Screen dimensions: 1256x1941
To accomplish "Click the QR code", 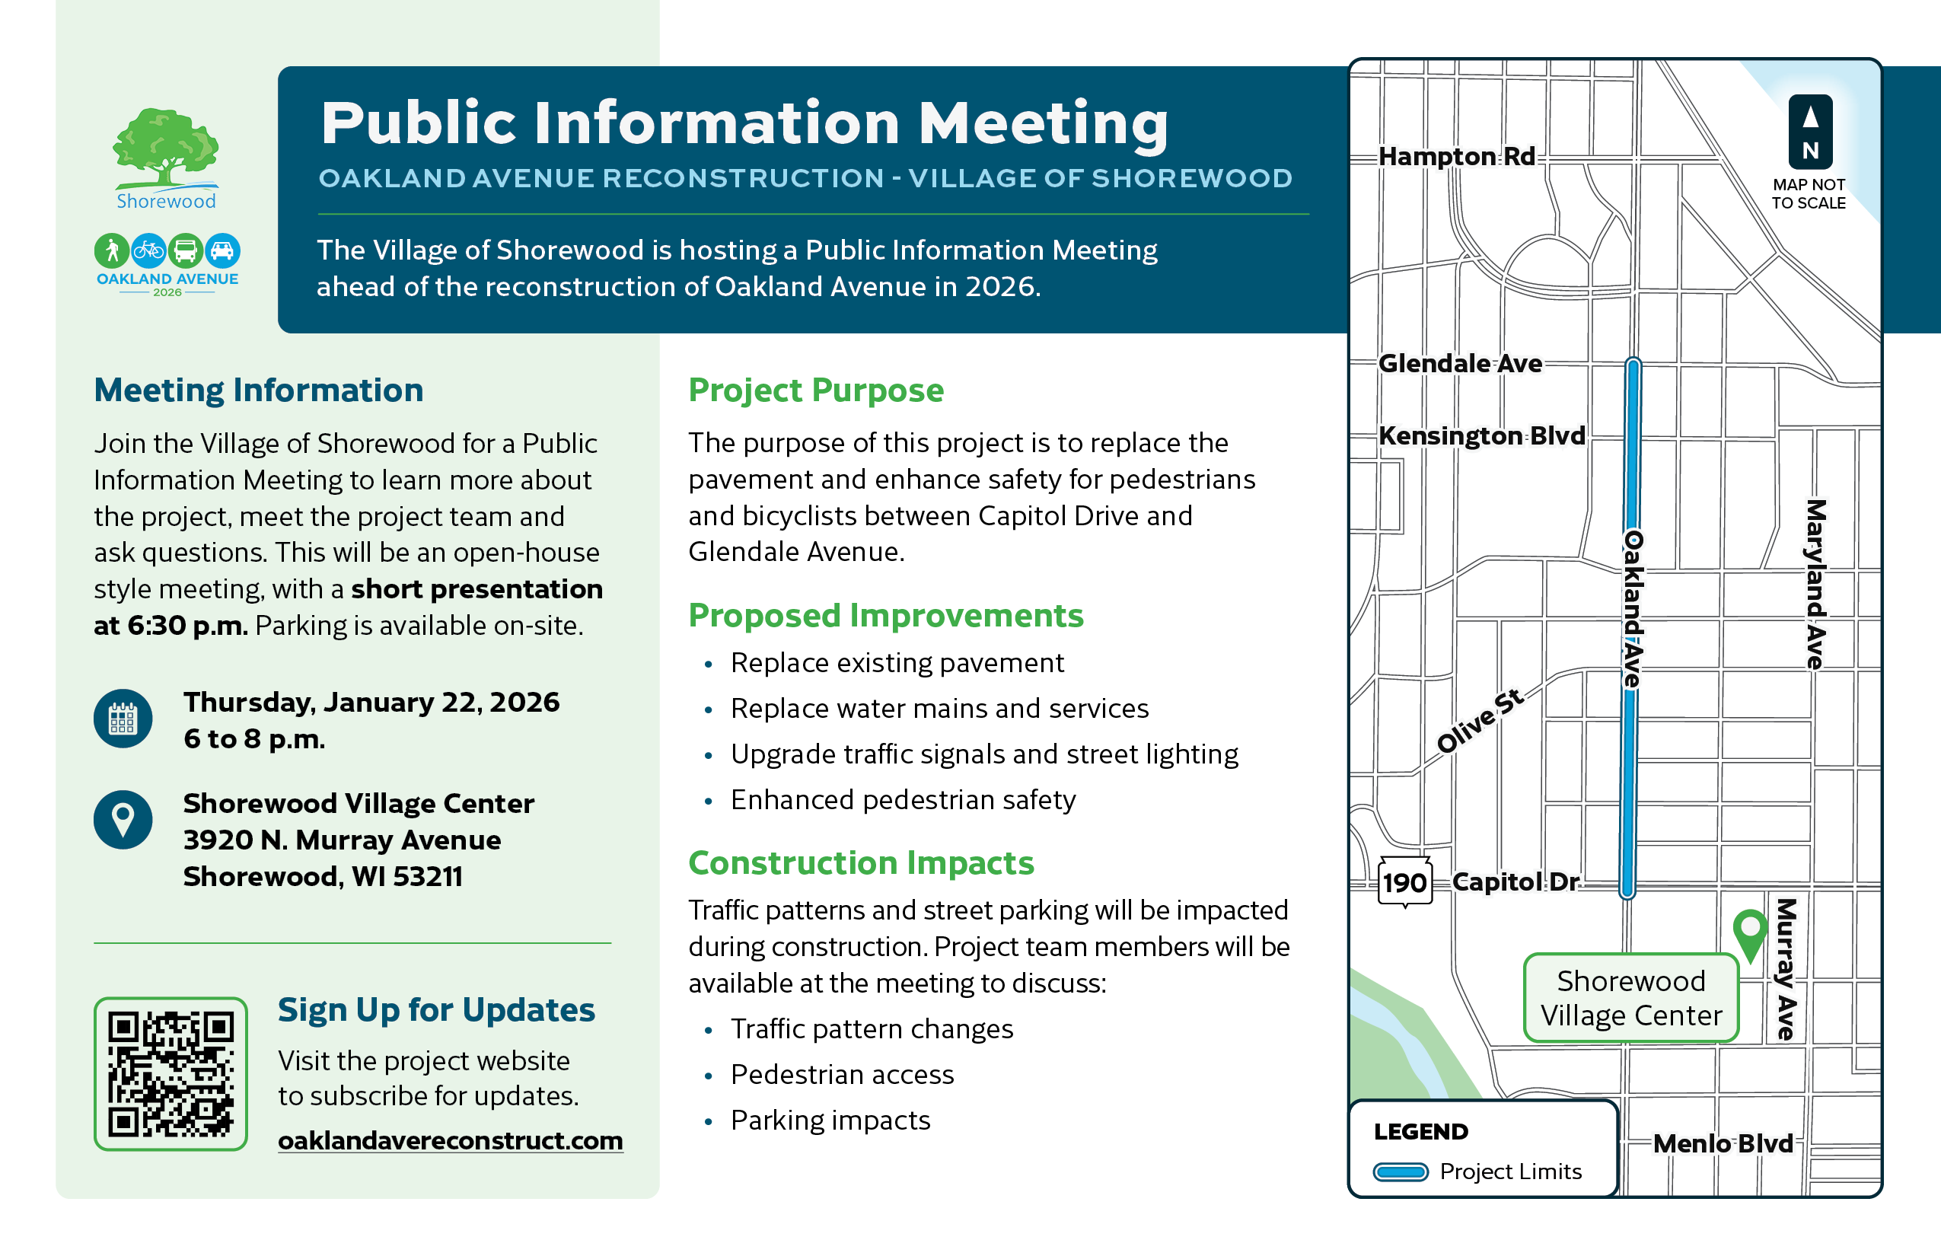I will point(171,1073).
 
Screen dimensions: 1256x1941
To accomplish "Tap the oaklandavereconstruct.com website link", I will point(450,1140).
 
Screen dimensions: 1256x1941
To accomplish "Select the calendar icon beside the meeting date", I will point(123,719).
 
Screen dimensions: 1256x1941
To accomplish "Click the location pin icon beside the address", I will point(123,819).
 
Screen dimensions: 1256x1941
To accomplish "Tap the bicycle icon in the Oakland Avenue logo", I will point(148,250).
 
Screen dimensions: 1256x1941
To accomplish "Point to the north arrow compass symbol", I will point(1810,131).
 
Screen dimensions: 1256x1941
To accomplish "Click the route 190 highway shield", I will point(1404,881).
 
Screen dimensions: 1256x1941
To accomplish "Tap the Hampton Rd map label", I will point(1457,156).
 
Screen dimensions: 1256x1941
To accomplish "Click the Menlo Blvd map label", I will point(1723,1143).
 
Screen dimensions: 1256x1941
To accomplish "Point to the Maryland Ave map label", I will point(1815,584).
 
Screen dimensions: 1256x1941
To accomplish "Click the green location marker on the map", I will point(1749,932).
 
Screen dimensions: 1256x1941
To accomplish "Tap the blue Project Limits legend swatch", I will point(1401,1172).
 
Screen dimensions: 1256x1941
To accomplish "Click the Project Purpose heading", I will point(815,390).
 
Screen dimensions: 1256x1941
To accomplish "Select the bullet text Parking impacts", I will point(830,1120).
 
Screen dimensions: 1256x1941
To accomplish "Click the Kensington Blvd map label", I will point(1481,435).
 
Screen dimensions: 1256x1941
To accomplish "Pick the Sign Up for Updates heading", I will point(436,1009).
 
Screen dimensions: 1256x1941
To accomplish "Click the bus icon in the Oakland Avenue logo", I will point(185,250).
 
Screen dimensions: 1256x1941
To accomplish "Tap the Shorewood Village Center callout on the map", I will point(1631,997).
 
